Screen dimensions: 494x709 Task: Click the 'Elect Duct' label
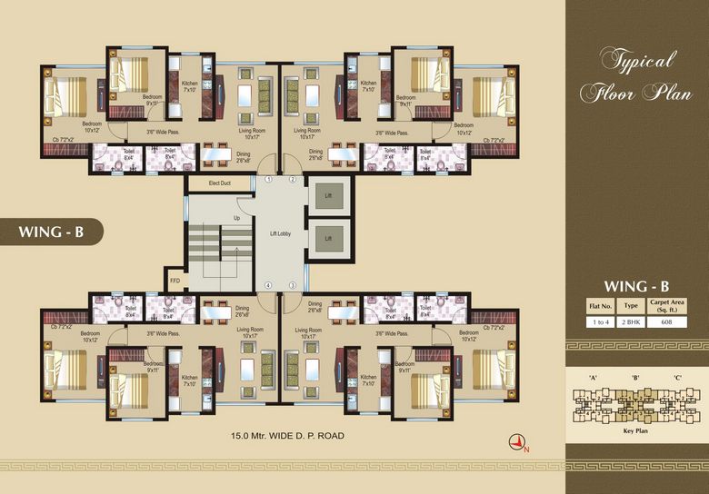pos(219,183)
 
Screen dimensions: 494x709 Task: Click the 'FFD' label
pos(175,280)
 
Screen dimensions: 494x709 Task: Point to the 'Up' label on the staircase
pos(237,218)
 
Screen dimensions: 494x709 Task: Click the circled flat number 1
pos(269,180)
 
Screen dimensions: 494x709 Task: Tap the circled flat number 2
pos(293,180)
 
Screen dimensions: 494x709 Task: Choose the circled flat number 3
pos(293,286)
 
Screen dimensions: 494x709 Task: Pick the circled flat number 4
pos(269,286)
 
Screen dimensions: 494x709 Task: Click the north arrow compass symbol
pos(518,442)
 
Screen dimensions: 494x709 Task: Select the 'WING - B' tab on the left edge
pos(51,232)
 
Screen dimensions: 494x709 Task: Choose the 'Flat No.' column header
pos(601,306)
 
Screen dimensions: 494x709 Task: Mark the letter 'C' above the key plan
pos(677,377)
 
